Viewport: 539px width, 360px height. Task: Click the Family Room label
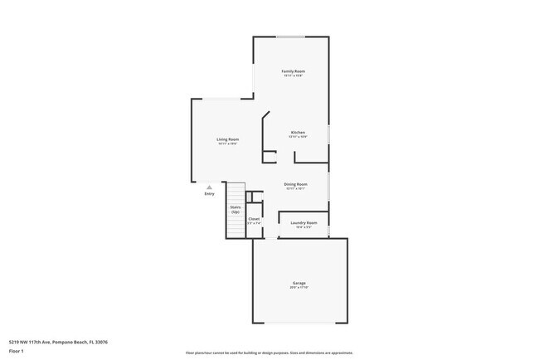point(293,71)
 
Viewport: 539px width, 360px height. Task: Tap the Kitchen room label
point(298,133)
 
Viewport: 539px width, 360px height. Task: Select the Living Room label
point(228,139)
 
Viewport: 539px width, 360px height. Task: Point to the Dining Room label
point(296,184)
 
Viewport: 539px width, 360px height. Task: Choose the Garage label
point(299,283)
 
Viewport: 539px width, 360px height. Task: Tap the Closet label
point(254,219)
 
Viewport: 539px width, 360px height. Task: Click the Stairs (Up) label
point(236,209)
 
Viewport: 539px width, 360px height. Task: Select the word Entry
point(209,194)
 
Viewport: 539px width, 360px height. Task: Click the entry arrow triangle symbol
point(209,187)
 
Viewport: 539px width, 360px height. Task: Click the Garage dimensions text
point(299,288)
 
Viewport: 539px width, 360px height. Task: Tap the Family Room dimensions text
point(293,76)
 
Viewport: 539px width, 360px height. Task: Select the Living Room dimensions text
point(228,144)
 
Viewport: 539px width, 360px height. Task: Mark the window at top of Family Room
point(291,36)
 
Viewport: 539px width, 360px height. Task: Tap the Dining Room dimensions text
point(296,189)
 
